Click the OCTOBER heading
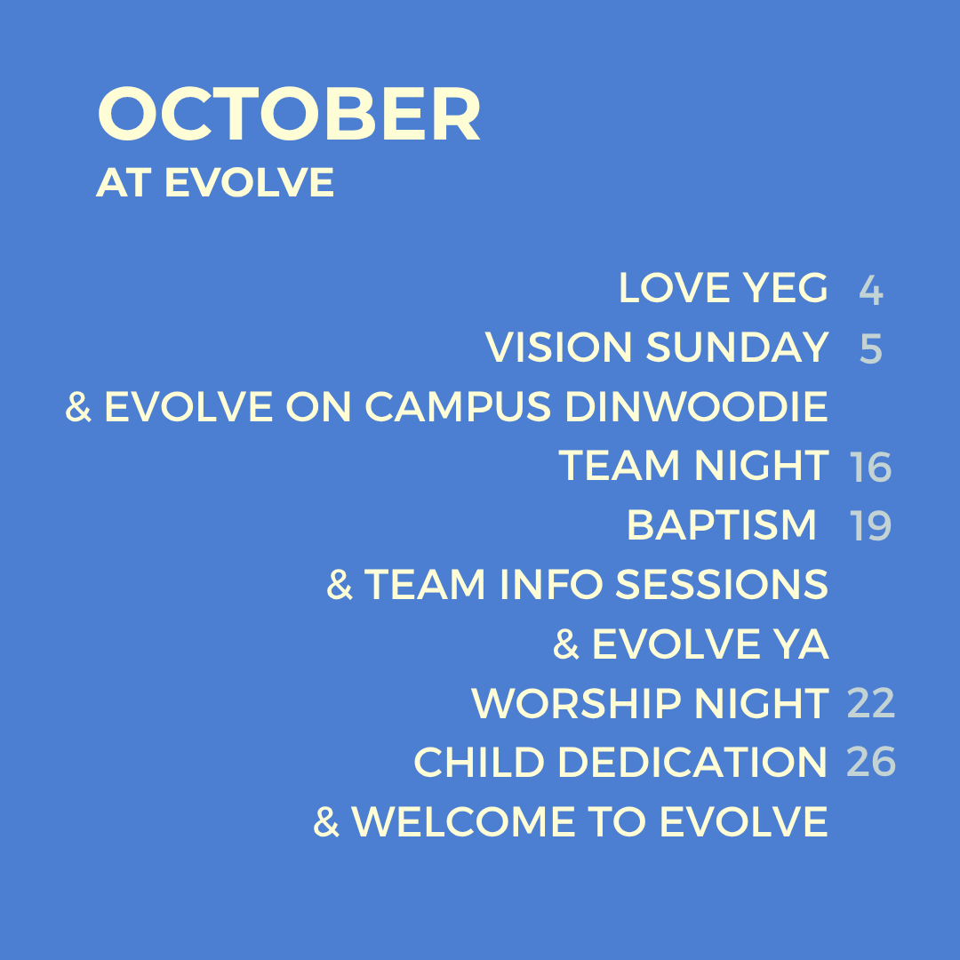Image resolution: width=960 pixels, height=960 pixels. point(288,114)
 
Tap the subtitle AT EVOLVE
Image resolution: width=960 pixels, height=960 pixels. point(215,182)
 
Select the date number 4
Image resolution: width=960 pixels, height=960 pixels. point(870,290)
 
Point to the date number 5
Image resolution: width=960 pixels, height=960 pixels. point(870,349)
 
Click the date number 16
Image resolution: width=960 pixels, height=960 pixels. point(870,468)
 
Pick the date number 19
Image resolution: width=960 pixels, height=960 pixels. point(870,526)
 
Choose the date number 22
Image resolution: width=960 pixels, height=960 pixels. point(870,703)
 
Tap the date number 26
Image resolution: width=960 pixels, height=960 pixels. point(870,763)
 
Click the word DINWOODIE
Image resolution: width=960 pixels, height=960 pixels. point(697,406)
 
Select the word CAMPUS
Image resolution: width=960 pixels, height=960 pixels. point(458,406)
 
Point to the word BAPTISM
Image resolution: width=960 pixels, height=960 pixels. point(721,525)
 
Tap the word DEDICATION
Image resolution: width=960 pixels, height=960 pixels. point(692,763)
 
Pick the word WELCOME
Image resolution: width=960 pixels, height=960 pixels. point(463,821)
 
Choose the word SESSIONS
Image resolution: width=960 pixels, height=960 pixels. point(722,585)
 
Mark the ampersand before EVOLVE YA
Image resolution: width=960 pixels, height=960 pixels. point(565,644)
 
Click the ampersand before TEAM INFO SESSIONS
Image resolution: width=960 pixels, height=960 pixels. point(340,585)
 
